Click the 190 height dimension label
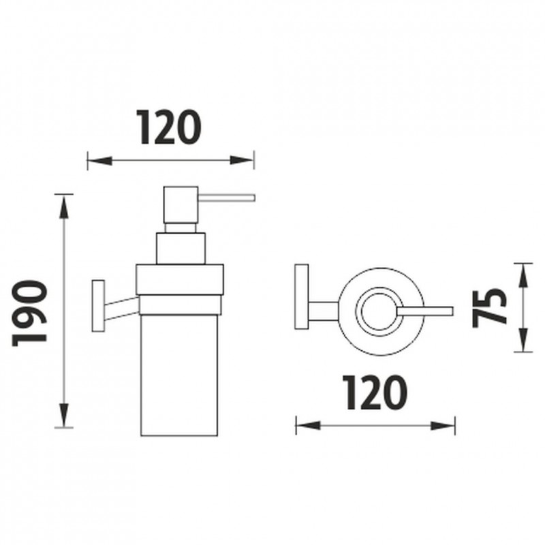[x=29, y=313]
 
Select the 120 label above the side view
[x=168, y=127]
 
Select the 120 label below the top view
[x=375, y=392]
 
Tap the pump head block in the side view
[x=181, y=205]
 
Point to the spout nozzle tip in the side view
[x=255, y=198]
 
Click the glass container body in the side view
[x=179, y=375]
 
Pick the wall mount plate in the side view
[x=98, y=305]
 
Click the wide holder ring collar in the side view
[x=179, y=279]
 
